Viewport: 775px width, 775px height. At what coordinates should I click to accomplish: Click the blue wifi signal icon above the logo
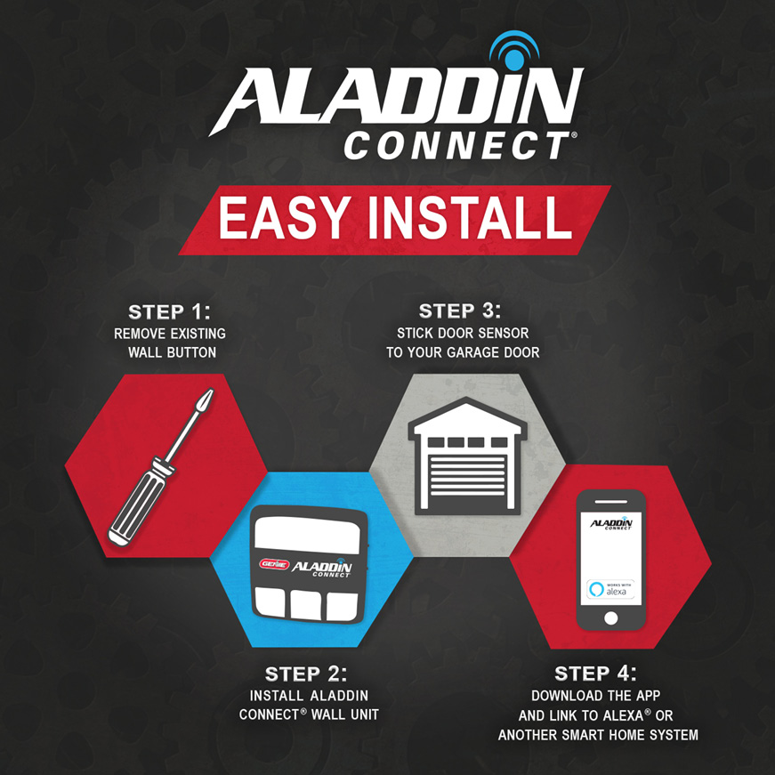pyautogui.click(x=514, y=52)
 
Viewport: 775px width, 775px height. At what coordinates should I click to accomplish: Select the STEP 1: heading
pyautogui.click(x=170, y=312)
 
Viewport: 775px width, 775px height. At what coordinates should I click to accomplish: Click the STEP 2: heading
pyautogui.click(x=307, y=674)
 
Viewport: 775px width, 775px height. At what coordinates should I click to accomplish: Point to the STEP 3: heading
pyautogui.click(x=460, y=311)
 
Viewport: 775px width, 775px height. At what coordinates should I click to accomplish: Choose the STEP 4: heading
pyautogui.click(x=596, y=673)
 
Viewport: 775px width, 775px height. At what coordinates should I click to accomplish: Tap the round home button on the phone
pyautogui.click(x=610, y=617)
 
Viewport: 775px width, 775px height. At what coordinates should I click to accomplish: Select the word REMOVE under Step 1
pyautogui.click(x=141, y=334)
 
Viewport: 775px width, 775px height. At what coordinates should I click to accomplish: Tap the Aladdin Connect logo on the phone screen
pyautogui.click(x=610, y=523)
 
